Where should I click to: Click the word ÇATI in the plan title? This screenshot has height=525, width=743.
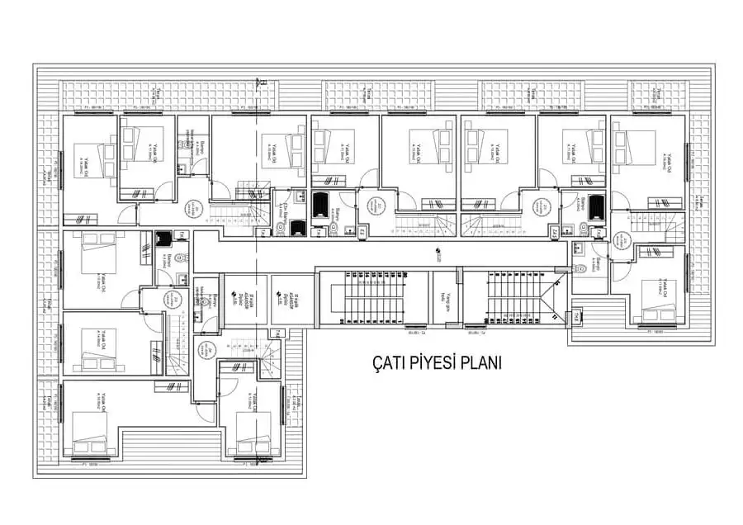coord(386,362)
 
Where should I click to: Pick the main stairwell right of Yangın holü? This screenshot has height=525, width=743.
coord(517,299)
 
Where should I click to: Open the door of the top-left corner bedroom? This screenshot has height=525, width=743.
coord(125,216)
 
